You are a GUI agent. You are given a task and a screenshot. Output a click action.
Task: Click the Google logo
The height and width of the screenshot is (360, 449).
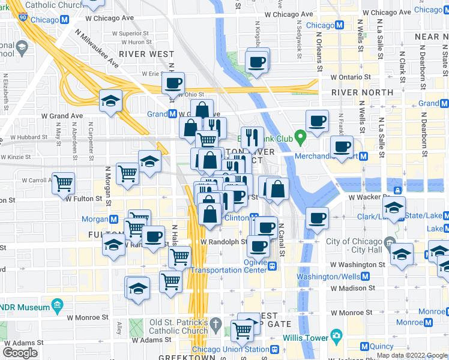(x=20, y=353)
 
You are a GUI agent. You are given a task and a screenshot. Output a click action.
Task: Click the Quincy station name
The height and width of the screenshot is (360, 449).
(x=382, y=346)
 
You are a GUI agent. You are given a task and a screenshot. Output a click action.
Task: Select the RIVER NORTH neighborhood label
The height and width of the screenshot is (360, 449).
(x=362, y=92)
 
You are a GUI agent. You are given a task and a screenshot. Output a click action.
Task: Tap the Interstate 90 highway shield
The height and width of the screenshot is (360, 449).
(x=22, y=19)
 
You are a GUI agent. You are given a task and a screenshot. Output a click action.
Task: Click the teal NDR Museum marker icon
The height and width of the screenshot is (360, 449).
(x=58, y=307)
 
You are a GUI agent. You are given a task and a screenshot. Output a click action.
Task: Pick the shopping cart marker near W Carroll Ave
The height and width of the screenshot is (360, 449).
(x=63, y=182)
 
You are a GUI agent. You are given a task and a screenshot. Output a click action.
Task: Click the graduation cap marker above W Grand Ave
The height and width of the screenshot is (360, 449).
(x=111, y=101)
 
